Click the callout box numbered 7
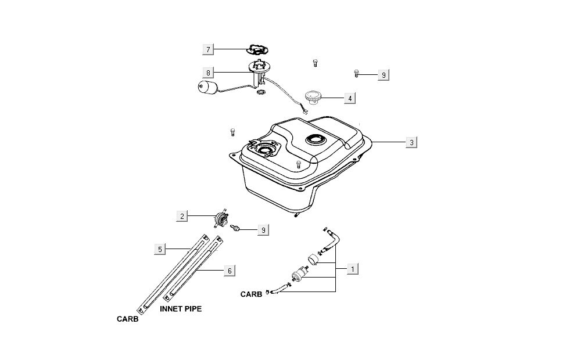(x=209, y=49)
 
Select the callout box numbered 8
(x=209, y=73)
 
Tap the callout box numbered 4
(x=350, y=99)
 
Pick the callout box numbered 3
(x=411, y=142)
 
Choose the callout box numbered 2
(x=182, y=217)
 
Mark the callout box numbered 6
(x=230, y=271)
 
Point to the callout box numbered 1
(x=351, y=269)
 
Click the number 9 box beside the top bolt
(x=382, y=75)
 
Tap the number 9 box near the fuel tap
(x=263, y=230)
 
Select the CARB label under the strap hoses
(x=127, y=319)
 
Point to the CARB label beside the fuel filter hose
(x=252, y=294)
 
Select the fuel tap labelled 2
(x=221, y=220)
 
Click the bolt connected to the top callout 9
(x=356, y=73)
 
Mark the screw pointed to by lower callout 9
(x=237, y=227)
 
